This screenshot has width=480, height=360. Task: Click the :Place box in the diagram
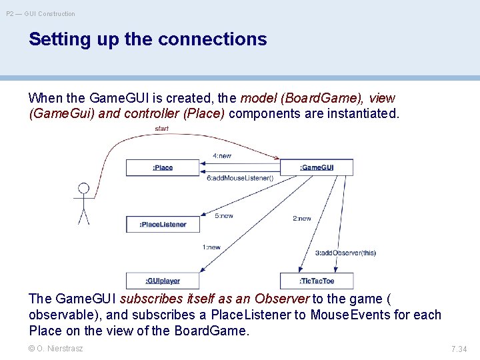click(162, 167)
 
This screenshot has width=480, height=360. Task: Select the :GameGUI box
click(317, 167)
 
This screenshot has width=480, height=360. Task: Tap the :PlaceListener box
click(163, 224)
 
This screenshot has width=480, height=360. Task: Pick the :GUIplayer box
click(162, 281)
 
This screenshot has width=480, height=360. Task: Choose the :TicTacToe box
click(317, 281)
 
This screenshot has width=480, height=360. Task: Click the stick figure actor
click(83, 203)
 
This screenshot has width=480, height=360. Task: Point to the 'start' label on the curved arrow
click(161, 128)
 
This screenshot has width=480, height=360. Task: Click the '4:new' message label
click(222, 156)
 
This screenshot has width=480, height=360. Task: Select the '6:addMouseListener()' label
click(240, 178)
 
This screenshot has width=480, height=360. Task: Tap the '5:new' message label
click(224, 216)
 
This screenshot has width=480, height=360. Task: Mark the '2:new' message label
click(302, 219)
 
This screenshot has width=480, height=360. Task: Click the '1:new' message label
click(211, 247)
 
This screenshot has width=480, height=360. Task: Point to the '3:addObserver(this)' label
click(345, 253)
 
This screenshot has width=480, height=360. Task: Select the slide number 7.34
click(459, 349)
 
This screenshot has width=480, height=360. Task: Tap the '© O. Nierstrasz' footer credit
click(56, 348)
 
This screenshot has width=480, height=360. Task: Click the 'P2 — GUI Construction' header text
click(41, 13)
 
